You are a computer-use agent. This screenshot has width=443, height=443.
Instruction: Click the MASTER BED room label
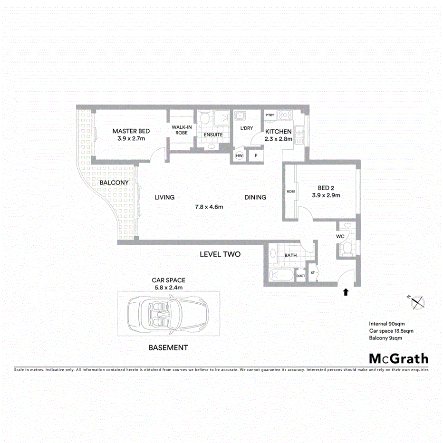(131, 131)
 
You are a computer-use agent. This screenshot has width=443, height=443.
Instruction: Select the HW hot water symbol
(239, 155)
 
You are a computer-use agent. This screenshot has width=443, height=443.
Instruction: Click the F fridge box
(256, 155)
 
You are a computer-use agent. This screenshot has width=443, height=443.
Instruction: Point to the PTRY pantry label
(270, 115)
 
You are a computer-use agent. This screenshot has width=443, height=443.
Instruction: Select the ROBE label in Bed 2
(291, 192)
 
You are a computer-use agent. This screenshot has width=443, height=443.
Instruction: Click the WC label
(340, 236)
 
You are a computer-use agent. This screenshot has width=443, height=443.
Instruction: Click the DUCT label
(300, 275)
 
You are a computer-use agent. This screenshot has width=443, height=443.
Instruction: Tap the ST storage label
(313, 273)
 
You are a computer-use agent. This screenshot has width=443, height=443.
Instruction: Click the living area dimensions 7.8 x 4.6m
(209, 207)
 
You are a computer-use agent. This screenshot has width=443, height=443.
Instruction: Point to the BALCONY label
(114, 183)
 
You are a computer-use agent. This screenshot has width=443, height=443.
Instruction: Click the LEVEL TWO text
(220, 254)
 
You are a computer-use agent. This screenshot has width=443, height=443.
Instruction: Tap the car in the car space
(168, 315)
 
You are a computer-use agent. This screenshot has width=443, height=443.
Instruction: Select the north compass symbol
(417, 301)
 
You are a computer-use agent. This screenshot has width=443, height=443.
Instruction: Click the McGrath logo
(398, 358)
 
